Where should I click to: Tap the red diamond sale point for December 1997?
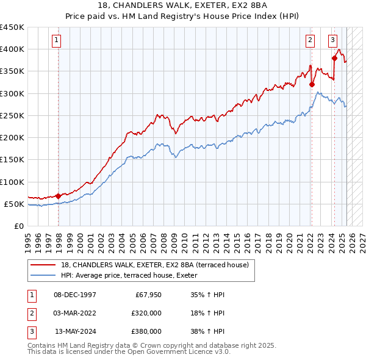(59, 196)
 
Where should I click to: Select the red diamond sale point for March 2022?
(311, 84)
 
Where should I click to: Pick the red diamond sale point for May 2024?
(334, 58)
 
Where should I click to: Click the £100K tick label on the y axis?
(12, 182)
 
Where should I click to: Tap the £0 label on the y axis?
(18, 226)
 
